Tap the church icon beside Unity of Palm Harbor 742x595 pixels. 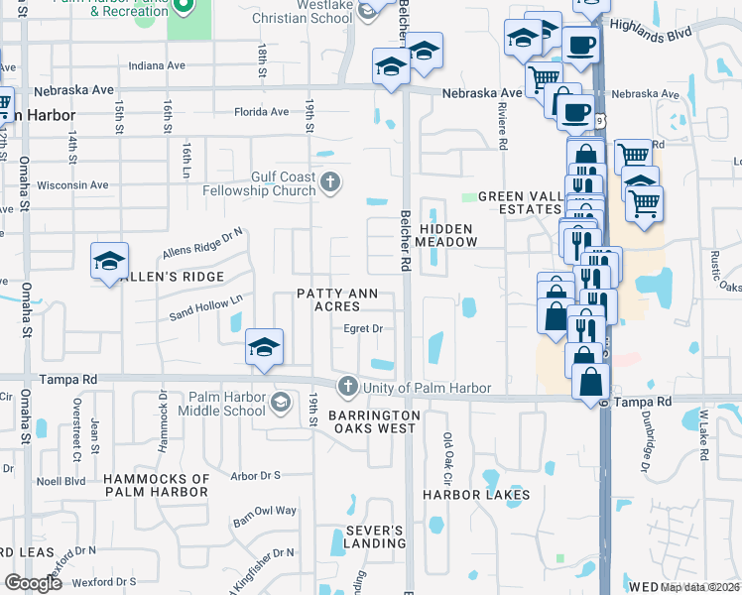pos(346,386)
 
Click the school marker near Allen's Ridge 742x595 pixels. pos(109,261)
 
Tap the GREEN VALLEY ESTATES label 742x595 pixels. pos(521,202)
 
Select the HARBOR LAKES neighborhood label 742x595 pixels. pos(475,494)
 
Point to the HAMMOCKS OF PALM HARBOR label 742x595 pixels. pos(158,485)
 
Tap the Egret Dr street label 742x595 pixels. pos(363,328)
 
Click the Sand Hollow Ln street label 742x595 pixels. pos(205,306)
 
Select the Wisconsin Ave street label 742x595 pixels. pos(72,184)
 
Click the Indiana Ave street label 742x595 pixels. pos(158,65)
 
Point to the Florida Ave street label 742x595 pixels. pos(261,112)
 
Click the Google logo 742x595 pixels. pos(34,583)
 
